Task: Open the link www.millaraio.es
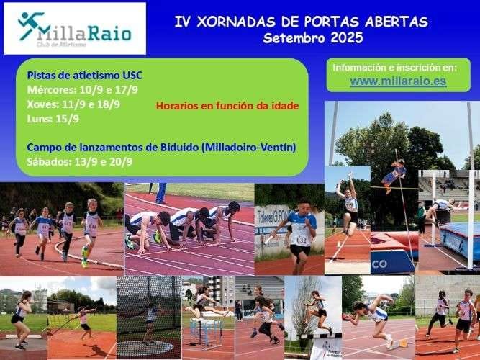398,81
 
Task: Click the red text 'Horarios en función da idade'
227,106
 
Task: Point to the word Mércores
52,90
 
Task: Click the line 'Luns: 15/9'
53,118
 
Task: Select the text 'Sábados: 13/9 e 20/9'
79,161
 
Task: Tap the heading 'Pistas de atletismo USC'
79,75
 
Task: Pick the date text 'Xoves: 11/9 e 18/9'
73,104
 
